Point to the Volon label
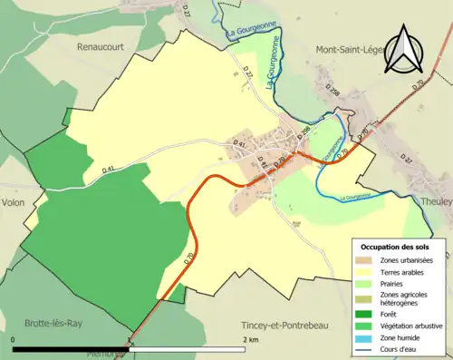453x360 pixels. point(14,203)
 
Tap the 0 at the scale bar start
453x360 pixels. point(14,339)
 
